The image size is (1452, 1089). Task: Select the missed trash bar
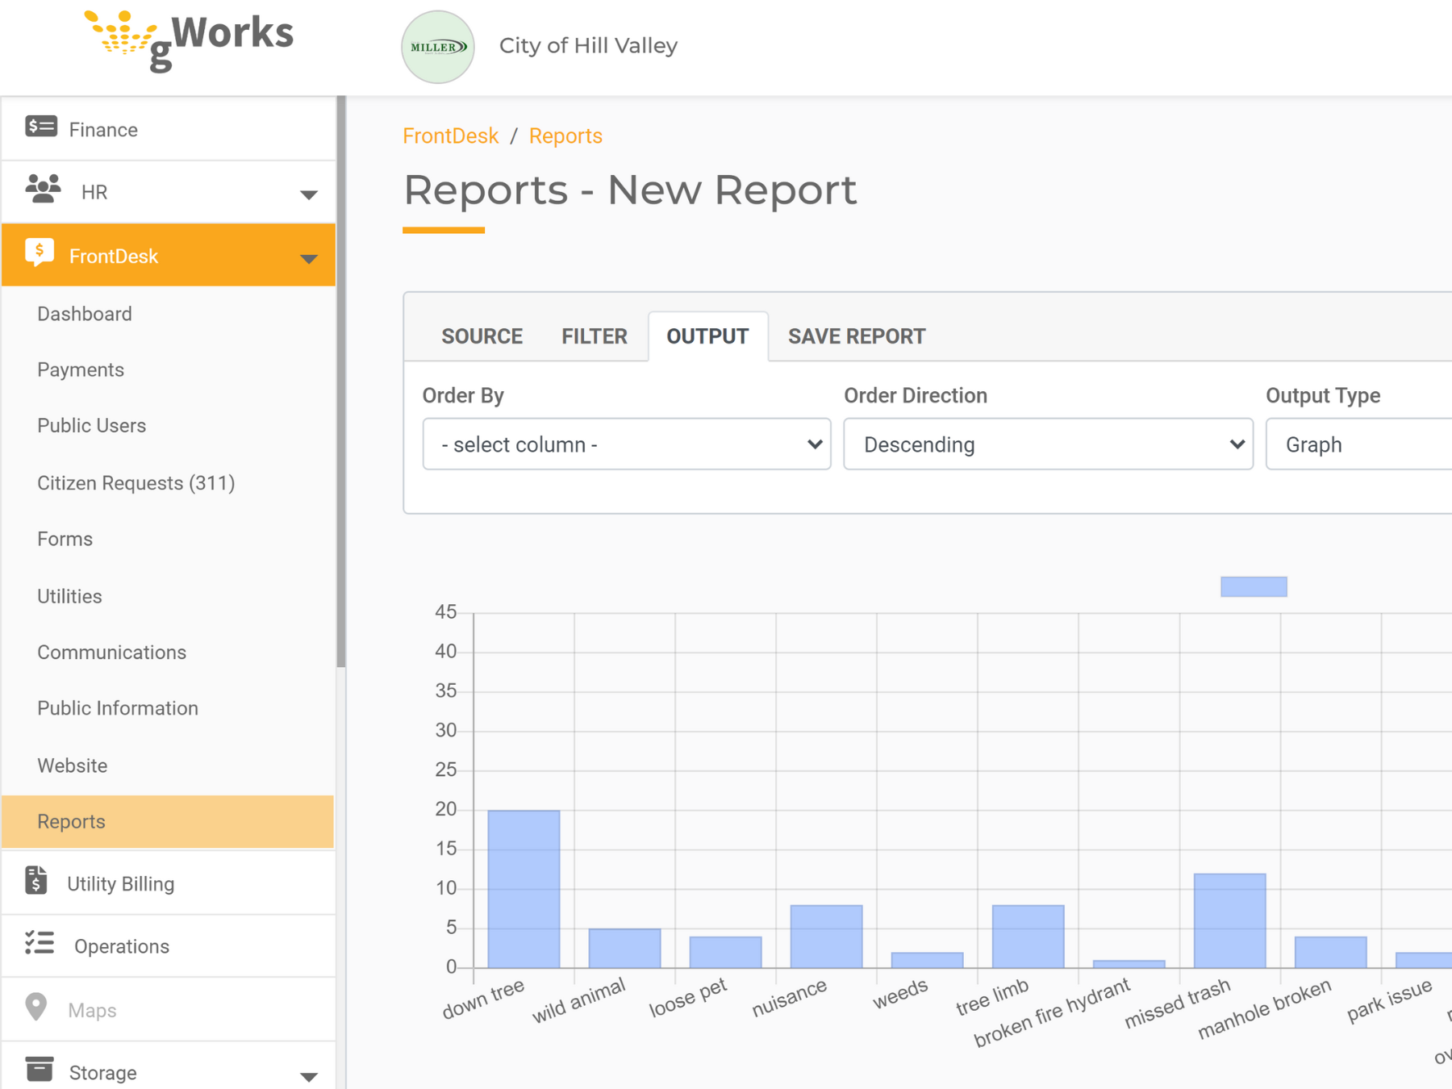tap(1229, 920)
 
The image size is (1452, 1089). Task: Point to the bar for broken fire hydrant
tap(1129, 964)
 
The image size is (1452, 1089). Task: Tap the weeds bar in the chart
tap(927, 960)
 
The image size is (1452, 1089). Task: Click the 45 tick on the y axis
tap(445, 612)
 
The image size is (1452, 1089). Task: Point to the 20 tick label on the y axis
tap(445, 809)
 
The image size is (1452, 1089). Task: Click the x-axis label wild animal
tap(578, 1000)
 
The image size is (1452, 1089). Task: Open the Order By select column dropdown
tap(627, 444)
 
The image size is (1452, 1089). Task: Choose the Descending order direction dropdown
tap(1048, 444)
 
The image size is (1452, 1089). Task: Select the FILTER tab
tap(594, 336)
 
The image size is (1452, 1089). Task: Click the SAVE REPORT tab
tap(856, 336)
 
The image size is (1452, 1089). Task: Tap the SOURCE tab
tap(482, 336)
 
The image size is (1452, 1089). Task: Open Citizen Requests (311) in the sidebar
tap(136, 483)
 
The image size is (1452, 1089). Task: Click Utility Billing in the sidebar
tap(120, 884)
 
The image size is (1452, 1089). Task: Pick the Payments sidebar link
tap(81, 370)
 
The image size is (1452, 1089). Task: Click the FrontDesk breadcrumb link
tap(450, 136)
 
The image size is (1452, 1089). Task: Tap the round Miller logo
tap(438, 47)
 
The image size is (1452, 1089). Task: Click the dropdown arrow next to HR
tap(308, 194)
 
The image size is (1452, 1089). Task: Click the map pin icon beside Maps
tap(36, 1008)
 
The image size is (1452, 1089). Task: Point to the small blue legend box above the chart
tap(1254, 586)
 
